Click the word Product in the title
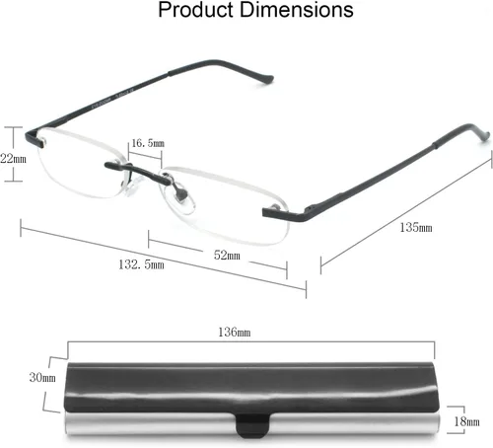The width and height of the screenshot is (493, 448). [195, 10]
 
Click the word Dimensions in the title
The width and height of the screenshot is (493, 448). [297, 10]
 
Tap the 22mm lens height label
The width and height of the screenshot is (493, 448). [13, 159]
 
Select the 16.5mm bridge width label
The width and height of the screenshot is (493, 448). [148, 143]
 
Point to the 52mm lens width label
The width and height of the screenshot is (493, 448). [227, 255]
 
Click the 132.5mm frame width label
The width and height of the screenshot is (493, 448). [141, 264]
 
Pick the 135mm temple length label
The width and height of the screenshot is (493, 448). [416, 227]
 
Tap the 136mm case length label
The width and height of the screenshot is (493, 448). [235, 332]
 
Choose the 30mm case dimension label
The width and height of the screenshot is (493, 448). [42, 377]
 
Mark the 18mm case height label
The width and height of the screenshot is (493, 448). [466, 421]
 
